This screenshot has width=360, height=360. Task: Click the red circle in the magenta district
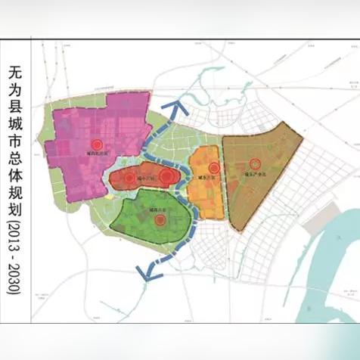tap(96, 144)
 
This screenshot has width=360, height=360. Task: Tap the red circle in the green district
tap(160, 220)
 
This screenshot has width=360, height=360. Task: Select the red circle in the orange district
tap(214, 168)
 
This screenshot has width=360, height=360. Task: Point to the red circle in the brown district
tap(256, 163)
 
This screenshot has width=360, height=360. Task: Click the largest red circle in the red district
tap(166, 176)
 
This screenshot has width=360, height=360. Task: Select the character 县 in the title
tap(16, 111)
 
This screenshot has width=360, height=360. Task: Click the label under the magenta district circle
tap(96, 156)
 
